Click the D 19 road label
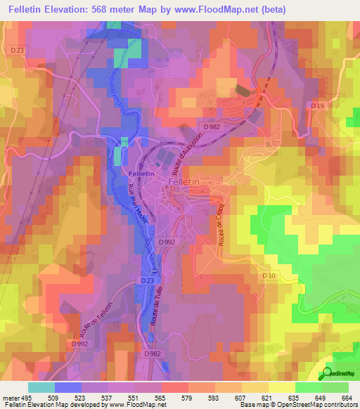318,105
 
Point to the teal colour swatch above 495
41,387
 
